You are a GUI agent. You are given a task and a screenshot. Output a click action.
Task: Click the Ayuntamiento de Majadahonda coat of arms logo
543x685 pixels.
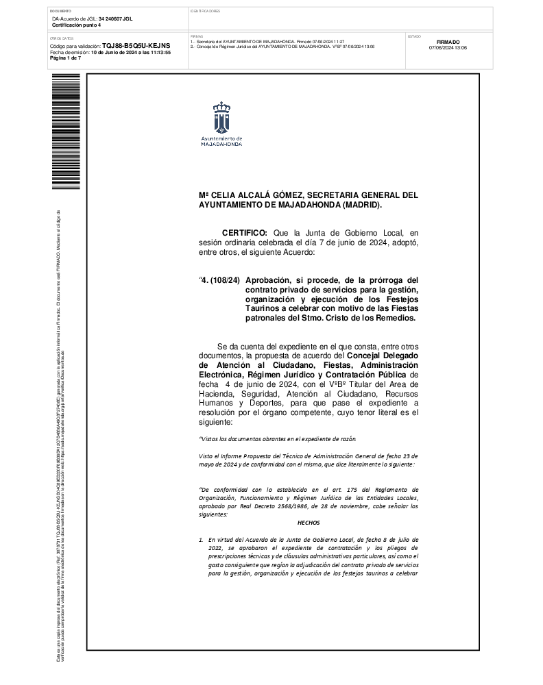pyautogui.click(x=221, y=117)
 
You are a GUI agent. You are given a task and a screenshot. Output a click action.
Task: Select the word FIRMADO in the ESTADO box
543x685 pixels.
pyautogui.click(x=448, y=42)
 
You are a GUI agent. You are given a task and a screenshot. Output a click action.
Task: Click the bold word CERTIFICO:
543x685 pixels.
pyautogui.click(x=245, y=234)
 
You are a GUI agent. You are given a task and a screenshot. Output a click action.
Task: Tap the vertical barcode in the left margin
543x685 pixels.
pyautogui.click(x=66, y=132)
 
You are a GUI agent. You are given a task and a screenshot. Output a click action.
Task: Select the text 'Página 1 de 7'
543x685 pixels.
pyautogui.click(x=65, y=58)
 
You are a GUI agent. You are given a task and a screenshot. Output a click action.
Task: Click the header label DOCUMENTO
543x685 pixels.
pyautogui.click(x=60, y=12)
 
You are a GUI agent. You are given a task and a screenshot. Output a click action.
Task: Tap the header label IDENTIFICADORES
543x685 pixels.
pyautogui.click(x=205, y=12)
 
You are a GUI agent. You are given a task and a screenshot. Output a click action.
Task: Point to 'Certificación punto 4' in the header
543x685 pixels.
pyautogui.click(x=76, y=25)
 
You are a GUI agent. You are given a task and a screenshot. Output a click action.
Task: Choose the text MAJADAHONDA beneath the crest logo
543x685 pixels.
pyautogui.click(x=221, y=145)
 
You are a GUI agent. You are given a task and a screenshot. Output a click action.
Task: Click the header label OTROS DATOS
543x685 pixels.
pyautogui.click(x=62, y=38)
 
